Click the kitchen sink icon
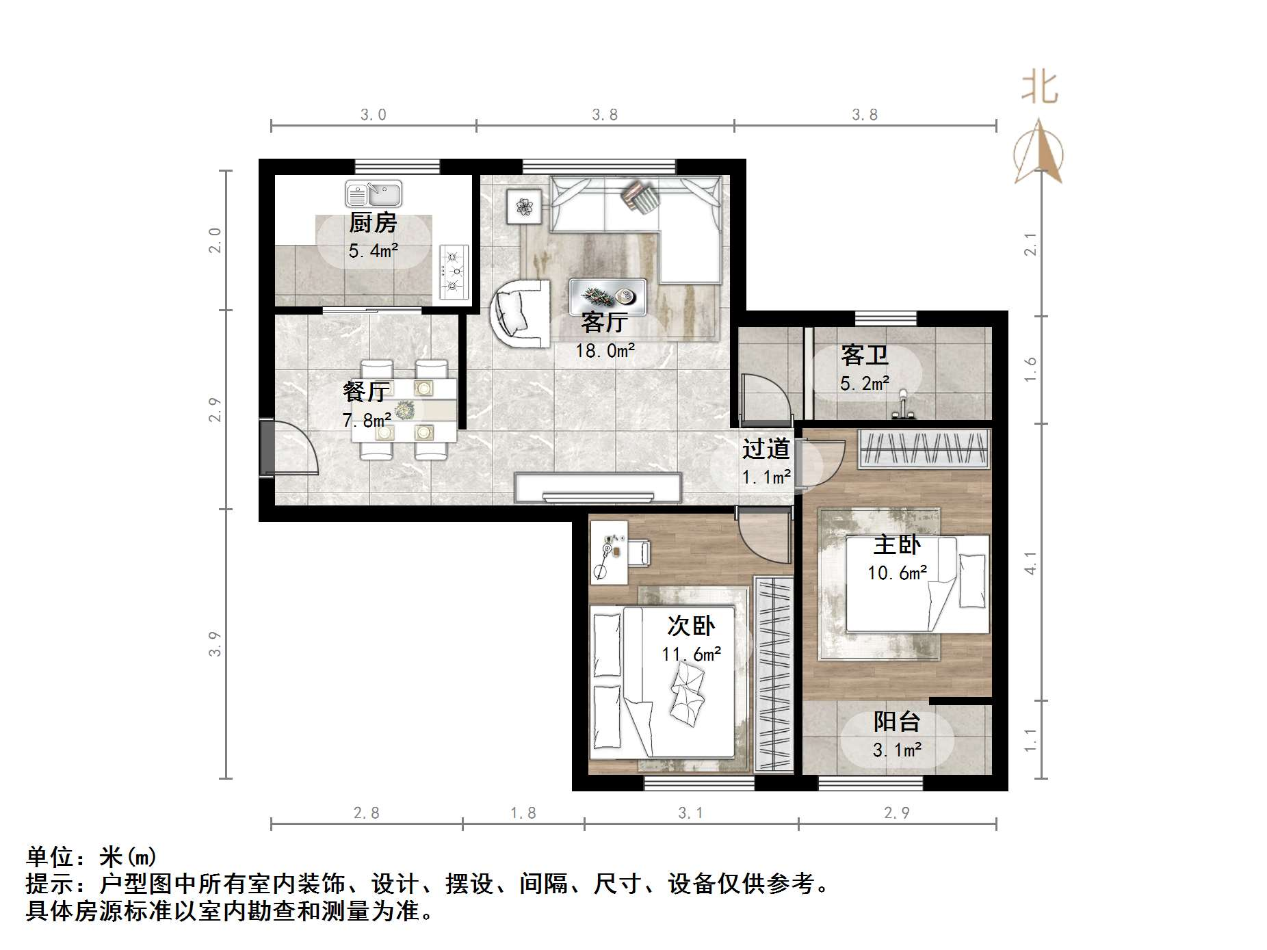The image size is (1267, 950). point(374,194)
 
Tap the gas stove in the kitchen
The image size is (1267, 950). point(454,272)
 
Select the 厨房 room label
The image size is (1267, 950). point(373,223)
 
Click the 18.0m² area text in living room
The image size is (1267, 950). point(605,352)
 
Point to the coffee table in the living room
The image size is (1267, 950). point(608,296)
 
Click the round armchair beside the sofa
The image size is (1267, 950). point(520,313)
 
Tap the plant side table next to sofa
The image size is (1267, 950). point(524,206)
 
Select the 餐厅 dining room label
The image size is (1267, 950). point(366,392)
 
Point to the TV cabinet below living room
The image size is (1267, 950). point(598,488)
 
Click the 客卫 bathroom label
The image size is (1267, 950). point(865,356)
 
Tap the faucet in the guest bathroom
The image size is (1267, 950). point(904,406)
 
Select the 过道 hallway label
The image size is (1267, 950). point(766,449)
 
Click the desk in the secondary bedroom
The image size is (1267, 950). point(609,553)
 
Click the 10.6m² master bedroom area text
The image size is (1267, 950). point(897,573)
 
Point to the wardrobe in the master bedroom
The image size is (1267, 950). point(924,449)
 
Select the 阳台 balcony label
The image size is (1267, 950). point(896,722)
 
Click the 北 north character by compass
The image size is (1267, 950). point(1039,89)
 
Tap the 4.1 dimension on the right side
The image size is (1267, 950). point(1030,563)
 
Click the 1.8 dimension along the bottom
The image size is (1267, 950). point(523,813)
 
